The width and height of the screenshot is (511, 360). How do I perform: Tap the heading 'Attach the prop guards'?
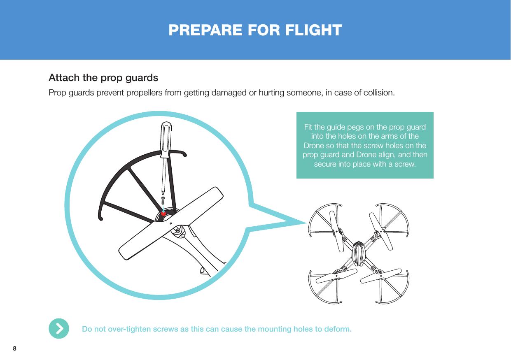[x=103, y=78]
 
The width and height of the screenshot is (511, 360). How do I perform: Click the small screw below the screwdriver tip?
[x=163, y=200]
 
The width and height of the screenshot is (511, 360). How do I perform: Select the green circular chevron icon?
[x=59, y=328]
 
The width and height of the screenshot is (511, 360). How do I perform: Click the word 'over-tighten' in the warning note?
[x=126, y=329]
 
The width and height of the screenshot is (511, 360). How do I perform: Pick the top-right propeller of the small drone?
[x=381, y=231]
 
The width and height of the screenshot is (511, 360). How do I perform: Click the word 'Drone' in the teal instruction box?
[x=313, y=146]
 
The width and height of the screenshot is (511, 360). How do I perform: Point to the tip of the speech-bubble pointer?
[x=306, y=223]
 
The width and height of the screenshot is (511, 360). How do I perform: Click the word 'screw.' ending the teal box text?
[x=405, y=165]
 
